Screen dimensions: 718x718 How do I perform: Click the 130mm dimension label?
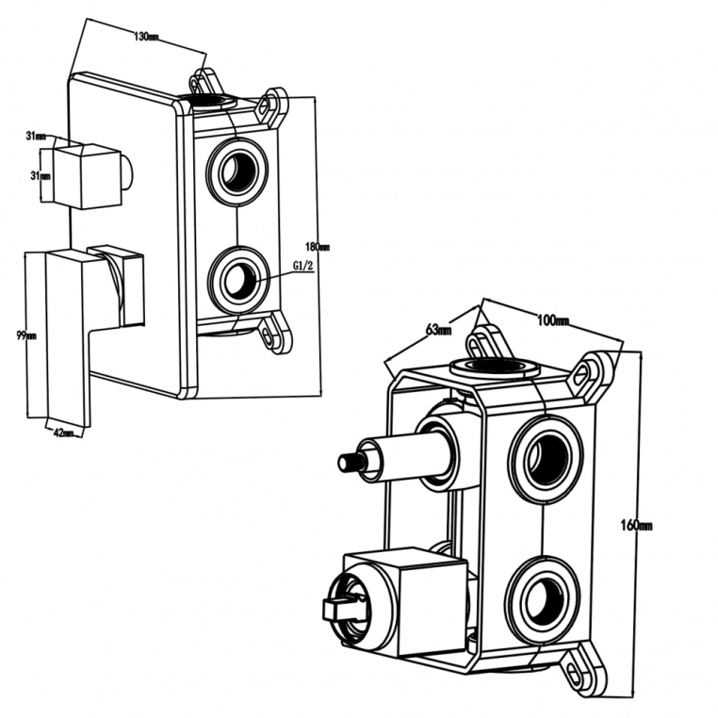(146, 37)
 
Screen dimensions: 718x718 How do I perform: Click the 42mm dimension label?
(63, 432)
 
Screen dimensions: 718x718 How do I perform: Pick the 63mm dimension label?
(439, 330)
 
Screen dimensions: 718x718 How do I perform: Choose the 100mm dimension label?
(553, 322)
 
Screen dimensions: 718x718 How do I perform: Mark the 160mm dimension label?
(639, 525)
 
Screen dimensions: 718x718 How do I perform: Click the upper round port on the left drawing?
(237, 170)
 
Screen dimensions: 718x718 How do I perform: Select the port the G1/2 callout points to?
(238, 278)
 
